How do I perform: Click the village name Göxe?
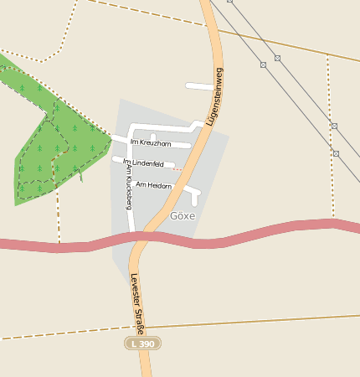click(183, 215)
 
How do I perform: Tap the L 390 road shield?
click(142, 343)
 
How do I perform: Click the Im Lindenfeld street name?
click(143, 163)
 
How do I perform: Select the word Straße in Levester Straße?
click(139, 320)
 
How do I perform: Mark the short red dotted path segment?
click(177, 169)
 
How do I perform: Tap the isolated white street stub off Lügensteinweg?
click(199, 85)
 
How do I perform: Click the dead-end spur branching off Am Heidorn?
click(196, 199)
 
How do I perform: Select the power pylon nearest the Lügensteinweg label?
click(263, 64)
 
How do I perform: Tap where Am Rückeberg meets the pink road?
click(131, 232)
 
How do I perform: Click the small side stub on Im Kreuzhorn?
click(152, 137)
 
